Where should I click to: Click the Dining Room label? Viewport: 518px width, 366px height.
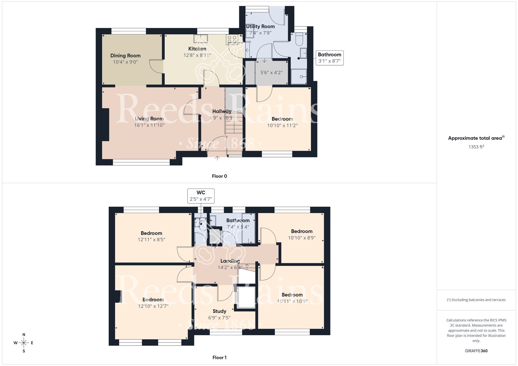(125, 56)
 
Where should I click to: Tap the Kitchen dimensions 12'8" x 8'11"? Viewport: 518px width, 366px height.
(197, 55)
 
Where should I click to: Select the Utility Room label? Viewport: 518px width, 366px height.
(260, 26)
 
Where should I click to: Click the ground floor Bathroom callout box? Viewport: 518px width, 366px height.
(329, 58)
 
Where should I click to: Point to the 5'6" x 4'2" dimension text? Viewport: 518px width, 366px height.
(271, 73)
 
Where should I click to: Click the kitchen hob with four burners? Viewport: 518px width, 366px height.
(232, 39)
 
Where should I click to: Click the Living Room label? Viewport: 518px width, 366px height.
(149, 119)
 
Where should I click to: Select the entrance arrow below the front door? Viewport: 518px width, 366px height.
(217, 158)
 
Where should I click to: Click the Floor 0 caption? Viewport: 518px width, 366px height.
(219, 176)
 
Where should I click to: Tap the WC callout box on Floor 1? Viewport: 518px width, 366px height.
(201, 196)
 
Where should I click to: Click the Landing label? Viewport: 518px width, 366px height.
(230, 261)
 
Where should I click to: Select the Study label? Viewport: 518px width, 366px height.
(219, 311)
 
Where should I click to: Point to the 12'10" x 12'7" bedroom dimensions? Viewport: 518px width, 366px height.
(153, 306)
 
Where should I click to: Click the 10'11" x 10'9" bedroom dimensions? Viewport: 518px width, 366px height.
(292, 301)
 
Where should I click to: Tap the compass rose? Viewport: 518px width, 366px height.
(24, 343)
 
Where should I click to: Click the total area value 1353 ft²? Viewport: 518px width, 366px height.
(476, 147)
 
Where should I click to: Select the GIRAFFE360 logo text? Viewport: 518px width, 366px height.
(476, 351)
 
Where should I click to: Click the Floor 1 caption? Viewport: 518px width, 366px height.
(219, 357)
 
